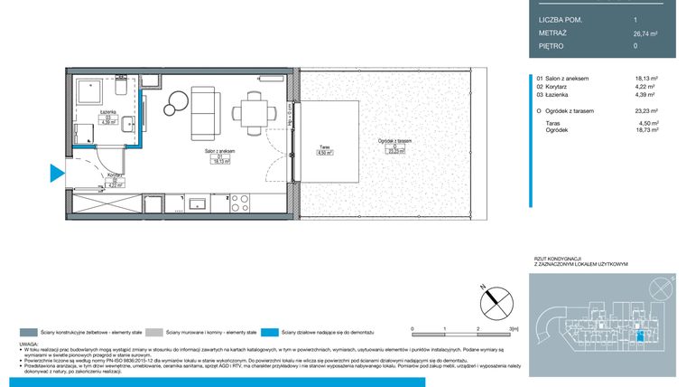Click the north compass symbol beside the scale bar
point(496,299)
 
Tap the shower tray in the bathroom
point(89,93)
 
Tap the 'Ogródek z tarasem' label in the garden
point(394,141)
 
